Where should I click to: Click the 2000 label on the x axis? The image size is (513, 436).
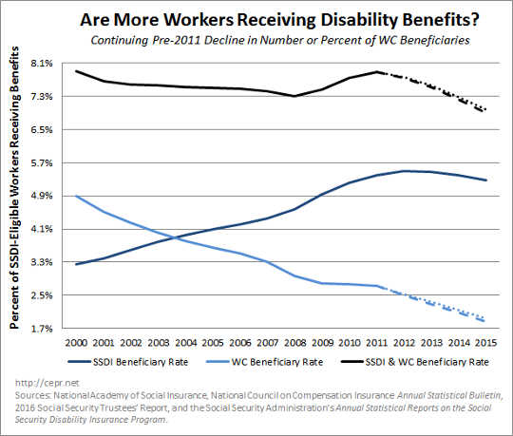point(77,343)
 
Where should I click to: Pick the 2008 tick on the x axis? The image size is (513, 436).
point(295,343)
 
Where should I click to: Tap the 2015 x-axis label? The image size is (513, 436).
point(487,343)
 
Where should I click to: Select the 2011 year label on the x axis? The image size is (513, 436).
point(378,343)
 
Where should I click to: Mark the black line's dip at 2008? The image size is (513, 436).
point(295,96)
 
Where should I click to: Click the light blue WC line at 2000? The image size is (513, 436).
point(77,196)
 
